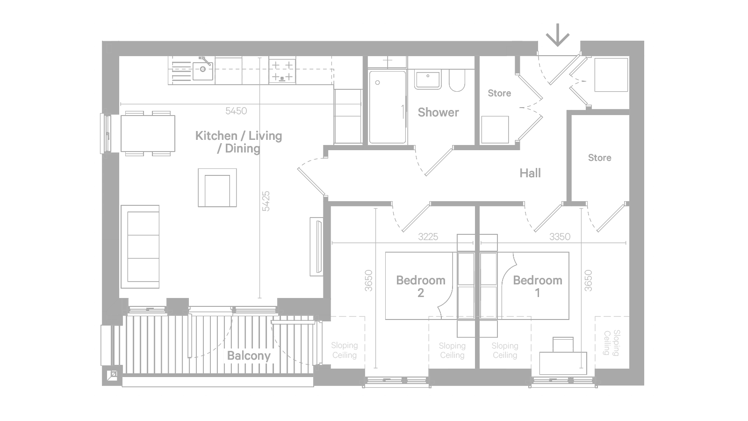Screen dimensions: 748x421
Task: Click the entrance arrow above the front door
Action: [557, 35]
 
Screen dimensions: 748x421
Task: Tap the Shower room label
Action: [438, 113]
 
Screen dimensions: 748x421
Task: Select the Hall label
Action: [530, 173]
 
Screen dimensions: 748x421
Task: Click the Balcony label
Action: [249, 356]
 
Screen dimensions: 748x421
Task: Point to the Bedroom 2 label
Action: [421, 286]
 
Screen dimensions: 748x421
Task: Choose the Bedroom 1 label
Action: [538, 286]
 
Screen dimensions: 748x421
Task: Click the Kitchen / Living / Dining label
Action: [238, 142]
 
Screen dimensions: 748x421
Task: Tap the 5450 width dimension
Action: [236, 110]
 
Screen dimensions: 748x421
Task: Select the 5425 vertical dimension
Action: [266, 201]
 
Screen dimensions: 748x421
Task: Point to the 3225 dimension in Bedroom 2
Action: [428, 237]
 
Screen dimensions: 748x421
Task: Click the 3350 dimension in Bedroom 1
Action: [560, 237]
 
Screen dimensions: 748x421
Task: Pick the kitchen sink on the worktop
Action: [203, 70]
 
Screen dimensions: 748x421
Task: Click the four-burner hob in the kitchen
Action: [282, 71]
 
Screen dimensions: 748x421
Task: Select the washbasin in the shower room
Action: [427, 79]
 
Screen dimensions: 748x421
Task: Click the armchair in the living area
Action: [217, 188]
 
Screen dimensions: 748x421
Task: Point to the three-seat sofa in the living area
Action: [140, 247]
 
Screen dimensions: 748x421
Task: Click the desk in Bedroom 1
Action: [563, 363]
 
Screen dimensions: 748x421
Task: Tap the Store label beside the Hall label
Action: [599, 158]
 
